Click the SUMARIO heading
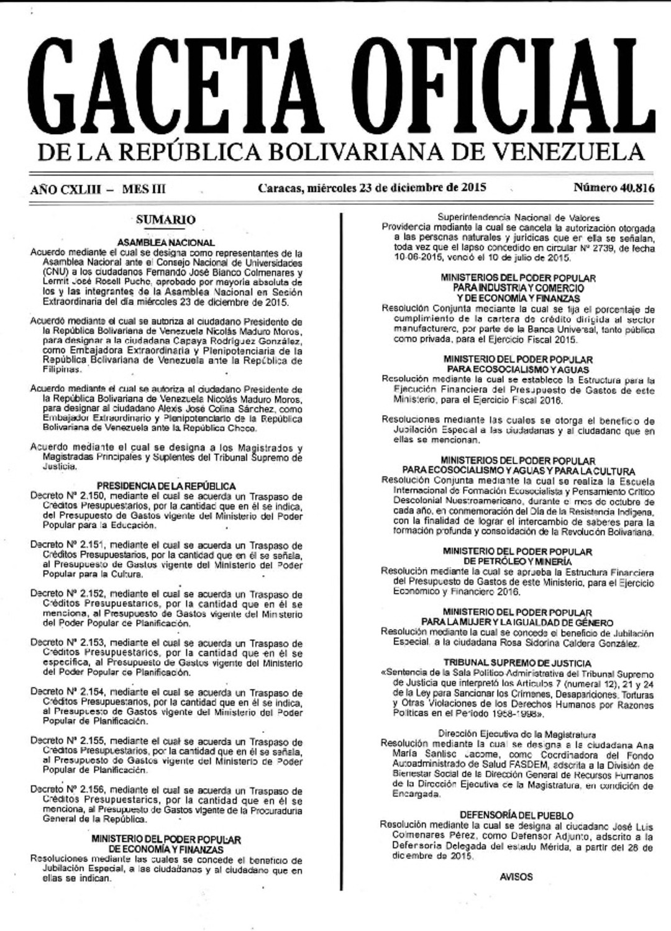(x=165, y=220)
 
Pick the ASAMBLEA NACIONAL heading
(x=166, y=243)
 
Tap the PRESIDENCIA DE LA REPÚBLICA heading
(x=166, y=486)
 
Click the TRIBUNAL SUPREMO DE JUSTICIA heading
(x=518, y=663)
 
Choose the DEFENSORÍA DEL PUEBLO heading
(x=517, y=815)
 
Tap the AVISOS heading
(x=516, y=877)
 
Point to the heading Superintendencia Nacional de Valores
(x=519, y=217)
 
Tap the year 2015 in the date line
(x=473, y=188)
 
